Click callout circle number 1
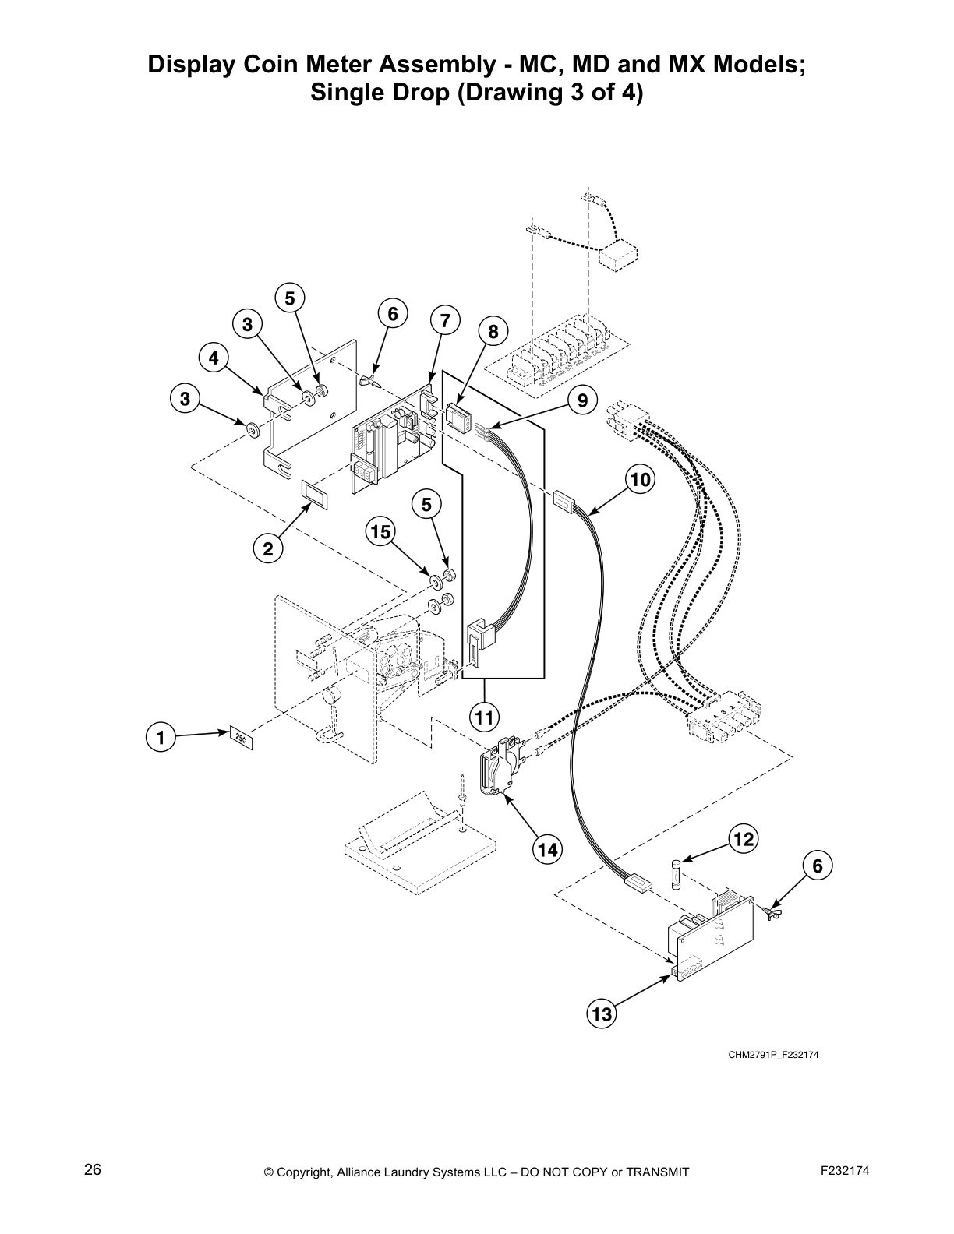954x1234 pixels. pyautogui.click(x=161, y=736)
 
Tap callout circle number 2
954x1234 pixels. pyautogui.click(x=268, y=549)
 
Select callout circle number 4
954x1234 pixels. pyautogui.click(x=213, y=358)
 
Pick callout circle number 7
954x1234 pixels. pyautogui.click(x=444, y=320)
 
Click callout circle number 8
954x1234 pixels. pyautogui.click(x=493, y=332)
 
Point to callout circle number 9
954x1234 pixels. pyautogui.click(x=582, y=401)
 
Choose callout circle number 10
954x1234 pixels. pyautogui.click(x=641, y=479)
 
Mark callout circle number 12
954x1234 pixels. pyautogui.click(x=744, y=838)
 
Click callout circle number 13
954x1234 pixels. pyautogui.click(x=602, y=1014)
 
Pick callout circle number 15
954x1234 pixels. pyautogui.click(x=380, y=532)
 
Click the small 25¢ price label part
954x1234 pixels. pyautogui.click(x=241, y=736)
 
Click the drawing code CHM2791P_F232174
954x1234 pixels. pyautogui.click(x=774, y=1055)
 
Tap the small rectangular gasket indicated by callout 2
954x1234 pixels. pyautogui.click(x=316, y=494)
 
